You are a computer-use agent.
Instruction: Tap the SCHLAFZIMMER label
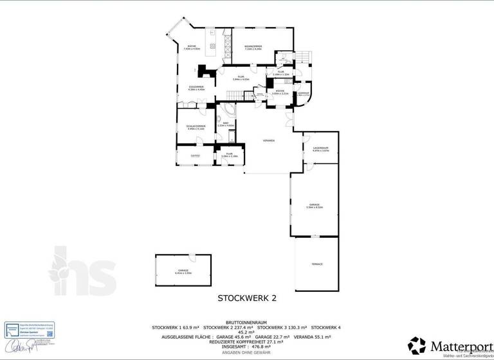coord(195,127)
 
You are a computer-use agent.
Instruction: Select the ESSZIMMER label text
coord(196,88)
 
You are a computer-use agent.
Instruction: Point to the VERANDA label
coord(269,140)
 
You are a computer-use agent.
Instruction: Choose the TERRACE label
coord(316,264)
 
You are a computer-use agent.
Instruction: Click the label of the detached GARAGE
coord(183,272)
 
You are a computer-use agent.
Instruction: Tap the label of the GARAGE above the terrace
coord(315,205)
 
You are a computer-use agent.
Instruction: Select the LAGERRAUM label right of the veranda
coord(320,149)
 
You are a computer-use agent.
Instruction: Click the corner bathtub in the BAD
coord(230,110)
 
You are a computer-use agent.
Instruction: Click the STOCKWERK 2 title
coord(246,298)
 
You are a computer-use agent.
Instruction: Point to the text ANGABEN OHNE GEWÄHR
coord(246,351)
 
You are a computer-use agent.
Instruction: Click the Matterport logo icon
coord(417,345)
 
